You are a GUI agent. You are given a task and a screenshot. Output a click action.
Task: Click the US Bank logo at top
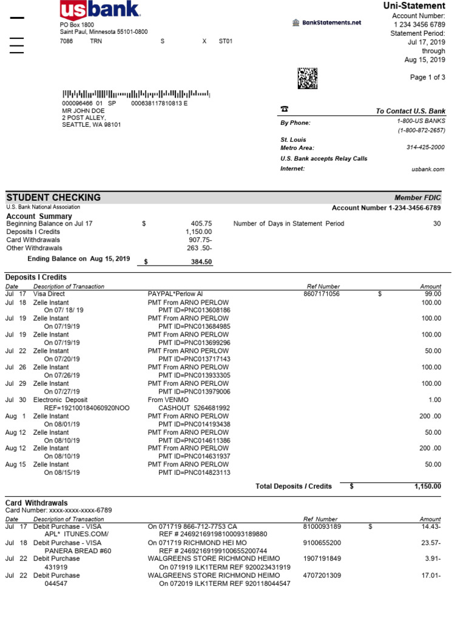[x=100, y=10]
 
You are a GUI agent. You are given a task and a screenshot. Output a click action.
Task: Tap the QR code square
[x=307, y=78]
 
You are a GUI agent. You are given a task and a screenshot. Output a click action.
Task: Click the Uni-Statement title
[x=414, y=5]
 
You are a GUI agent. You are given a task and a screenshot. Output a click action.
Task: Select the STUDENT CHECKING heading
[x=53, y=197]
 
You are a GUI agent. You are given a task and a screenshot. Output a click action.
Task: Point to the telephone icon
[x=284, y=109]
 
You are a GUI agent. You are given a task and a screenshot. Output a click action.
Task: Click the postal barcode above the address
[x=136, y=94]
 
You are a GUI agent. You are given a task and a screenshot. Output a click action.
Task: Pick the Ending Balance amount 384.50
[x=201, y=262]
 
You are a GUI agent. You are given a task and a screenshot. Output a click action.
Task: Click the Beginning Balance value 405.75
[x=201, y=223]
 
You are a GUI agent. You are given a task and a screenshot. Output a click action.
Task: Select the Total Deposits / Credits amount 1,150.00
[x=428, y=486]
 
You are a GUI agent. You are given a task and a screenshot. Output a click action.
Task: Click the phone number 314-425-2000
[x=425, y=147]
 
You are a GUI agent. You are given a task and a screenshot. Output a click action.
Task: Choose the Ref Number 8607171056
[x=322, y=294]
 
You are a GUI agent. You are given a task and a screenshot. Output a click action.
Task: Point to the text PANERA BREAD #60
[x=78, y=551]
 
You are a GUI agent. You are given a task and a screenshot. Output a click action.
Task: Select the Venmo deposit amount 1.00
[x=434, y=400]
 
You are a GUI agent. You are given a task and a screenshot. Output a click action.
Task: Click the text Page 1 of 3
[x=427, y=77]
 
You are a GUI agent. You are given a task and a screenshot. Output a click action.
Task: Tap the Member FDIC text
[x=417, y=198]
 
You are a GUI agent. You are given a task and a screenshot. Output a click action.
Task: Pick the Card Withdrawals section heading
[x=36, y=503]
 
